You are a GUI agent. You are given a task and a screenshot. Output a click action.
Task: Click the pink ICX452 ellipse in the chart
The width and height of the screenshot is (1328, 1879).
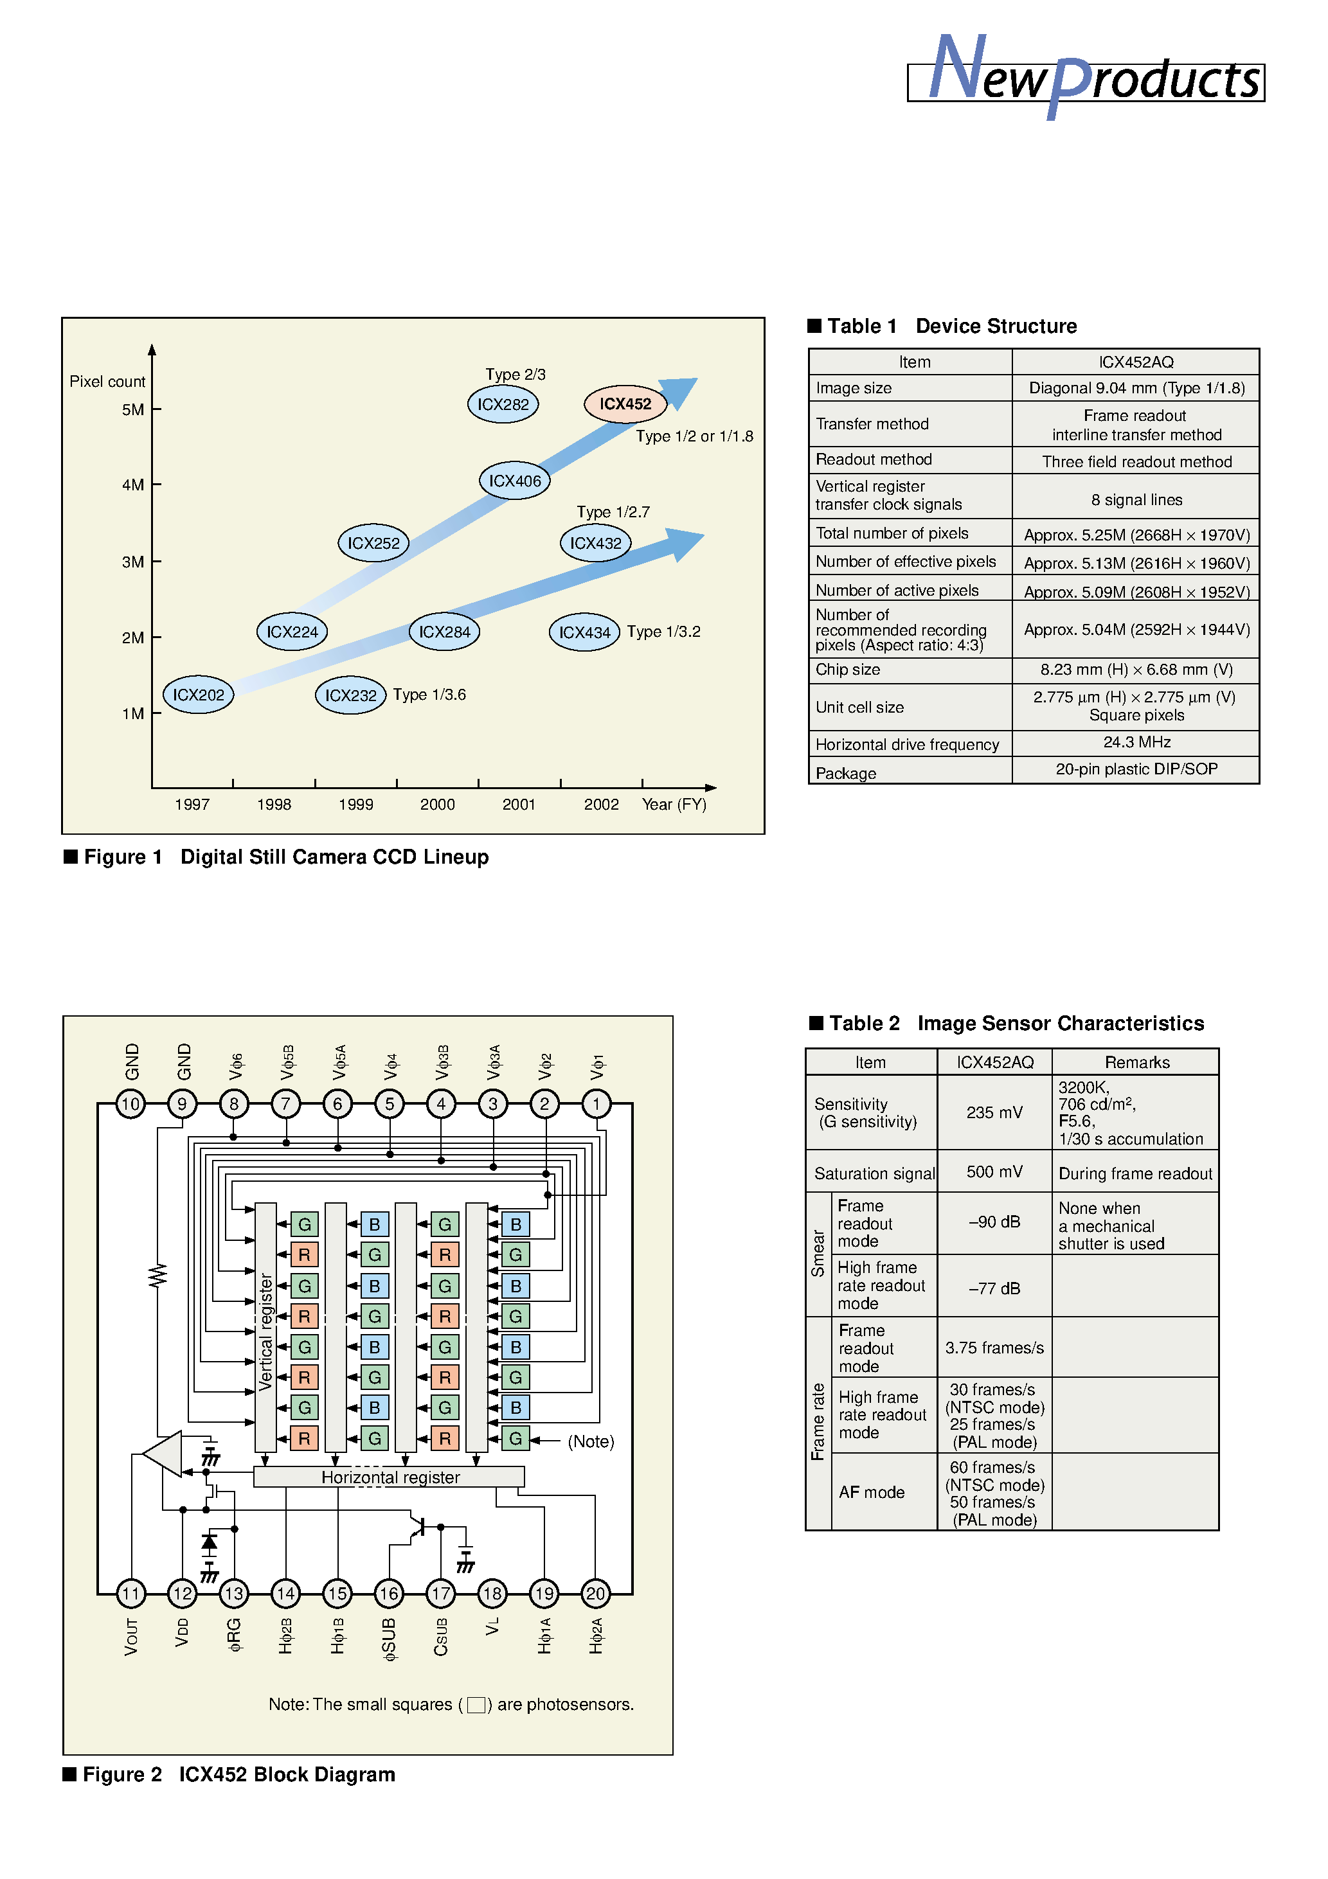(x=625, y=404)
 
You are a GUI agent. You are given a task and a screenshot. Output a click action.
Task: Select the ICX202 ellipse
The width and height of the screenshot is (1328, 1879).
(x=198, y=695)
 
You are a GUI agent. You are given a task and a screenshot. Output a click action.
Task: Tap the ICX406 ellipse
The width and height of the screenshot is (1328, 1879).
(x=514, y=481)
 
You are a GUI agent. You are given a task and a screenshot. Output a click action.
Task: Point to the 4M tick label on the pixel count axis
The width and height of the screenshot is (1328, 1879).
(x=132, y=485)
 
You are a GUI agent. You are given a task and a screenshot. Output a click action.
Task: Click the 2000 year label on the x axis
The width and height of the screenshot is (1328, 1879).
(x=437, y=805)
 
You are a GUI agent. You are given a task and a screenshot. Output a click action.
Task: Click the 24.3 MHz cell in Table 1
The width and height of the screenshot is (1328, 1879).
(x=1136, y=742)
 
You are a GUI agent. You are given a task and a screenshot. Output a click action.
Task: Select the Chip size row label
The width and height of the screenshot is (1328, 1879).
(x=847, y=670)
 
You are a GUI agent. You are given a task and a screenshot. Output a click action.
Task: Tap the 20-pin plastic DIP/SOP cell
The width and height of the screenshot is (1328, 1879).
(x=1136, y=769)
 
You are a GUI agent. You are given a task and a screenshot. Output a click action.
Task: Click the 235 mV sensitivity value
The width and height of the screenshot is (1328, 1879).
(x=994, y=1112)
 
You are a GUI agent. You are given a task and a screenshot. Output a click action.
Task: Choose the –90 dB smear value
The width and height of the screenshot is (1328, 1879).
(x=994, y=1222)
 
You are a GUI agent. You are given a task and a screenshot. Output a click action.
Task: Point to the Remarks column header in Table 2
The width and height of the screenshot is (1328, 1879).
(x=1136, y=1062)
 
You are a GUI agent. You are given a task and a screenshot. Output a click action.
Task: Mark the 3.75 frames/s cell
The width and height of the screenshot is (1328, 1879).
(x=994, y=1348)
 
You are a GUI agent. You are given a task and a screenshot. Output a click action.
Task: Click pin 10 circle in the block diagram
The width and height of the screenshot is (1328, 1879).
(x=131, y=1104)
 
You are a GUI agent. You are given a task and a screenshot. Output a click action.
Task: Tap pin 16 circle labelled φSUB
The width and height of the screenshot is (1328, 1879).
(x=389, y=1594)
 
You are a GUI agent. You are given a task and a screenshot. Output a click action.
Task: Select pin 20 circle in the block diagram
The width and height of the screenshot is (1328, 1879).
(x=595, y=1594)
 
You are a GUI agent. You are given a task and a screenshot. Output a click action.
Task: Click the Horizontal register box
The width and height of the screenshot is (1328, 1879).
(x=390, y=1477)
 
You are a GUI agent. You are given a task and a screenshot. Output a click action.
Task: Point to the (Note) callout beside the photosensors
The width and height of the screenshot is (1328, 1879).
(x=590, y=1441)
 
